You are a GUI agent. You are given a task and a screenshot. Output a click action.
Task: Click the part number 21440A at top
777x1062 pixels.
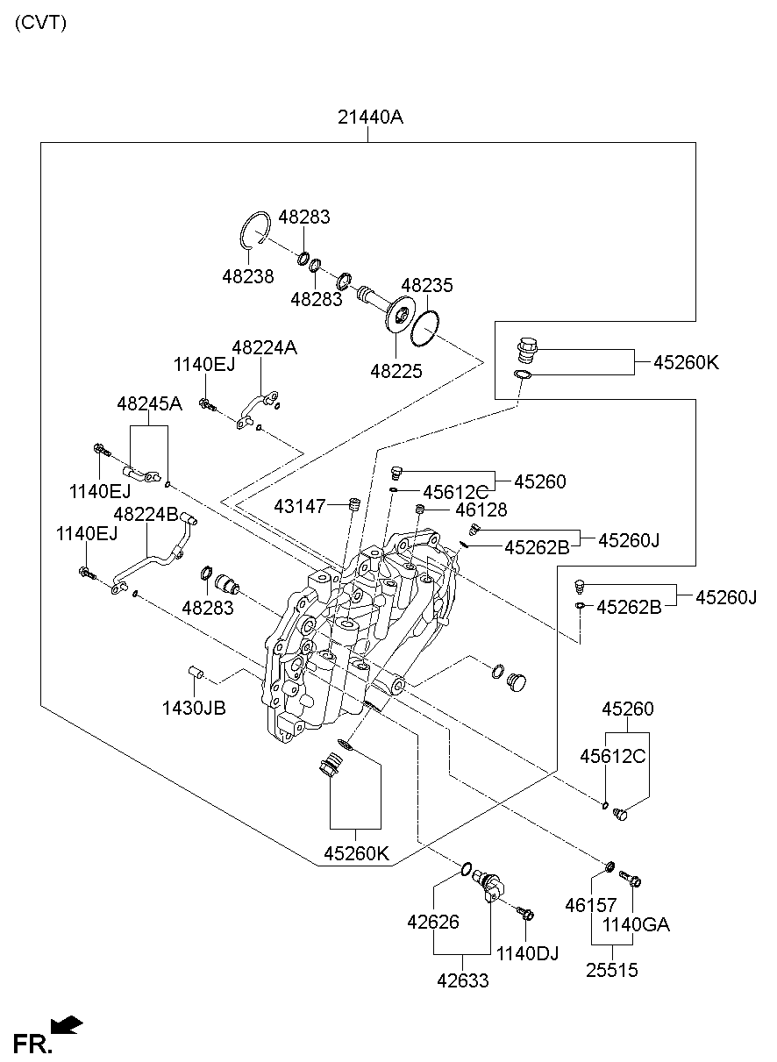[370, 117]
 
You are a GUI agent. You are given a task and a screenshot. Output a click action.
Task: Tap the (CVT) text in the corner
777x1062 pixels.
[40, 23]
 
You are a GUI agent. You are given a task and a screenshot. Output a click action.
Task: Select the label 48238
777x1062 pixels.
[247, 276]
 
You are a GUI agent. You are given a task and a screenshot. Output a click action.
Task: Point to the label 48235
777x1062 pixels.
[427, 286]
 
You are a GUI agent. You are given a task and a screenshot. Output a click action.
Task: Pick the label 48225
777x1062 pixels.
[396, 371]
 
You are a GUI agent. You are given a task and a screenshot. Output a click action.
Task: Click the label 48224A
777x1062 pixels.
[264, 348]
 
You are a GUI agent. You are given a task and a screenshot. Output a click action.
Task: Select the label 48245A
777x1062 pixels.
[149, 403]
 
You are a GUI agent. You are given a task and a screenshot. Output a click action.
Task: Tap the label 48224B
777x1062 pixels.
[146, 514]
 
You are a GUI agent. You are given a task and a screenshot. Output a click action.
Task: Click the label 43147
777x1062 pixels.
[300, 506]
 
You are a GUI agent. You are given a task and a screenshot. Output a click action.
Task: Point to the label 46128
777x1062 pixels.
[481, 510]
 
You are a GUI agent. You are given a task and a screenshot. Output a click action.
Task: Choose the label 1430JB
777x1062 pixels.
[193, 707]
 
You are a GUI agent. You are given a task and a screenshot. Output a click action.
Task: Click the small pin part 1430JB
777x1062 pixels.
[197, 673]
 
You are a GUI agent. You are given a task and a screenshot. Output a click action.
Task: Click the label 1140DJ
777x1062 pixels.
[528, 953]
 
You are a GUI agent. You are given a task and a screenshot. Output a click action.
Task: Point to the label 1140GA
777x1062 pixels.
[635, 924]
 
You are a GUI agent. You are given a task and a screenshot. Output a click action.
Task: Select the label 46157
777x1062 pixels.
[591, 905]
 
